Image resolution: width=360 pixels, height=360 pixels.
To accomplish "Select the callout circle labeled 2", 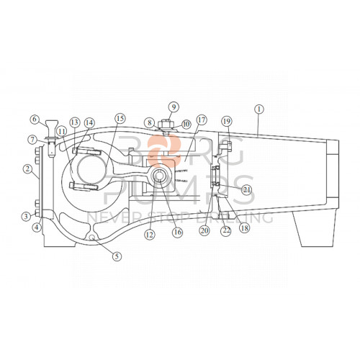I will click(x=27, y=170).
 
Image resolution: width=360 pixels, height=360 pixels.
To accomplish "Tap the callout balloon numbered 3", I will click(x=27, y=216).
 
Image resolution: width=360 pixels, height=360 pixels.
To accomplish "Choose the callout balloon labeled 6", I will click(x=34, y=120).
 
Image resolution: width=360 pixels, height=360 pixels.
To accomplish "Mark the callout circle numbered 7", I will click(x=33, y=139).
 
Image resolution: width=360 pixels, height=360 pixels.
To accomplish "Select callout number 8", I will click(x=149, y=123).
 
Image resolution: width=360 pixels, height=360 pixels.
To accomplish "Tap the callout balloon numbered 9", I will click(x=173, y=107).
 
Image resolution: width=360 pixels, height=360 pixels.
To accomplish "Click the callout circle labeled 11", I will click(x=61, y=131).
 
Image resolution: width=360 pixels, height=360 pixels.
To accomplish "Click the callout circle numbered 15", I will click(x=120, y=118).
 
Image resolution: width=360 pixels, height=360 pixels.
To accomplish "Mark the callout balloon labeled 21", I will click(x=246, y=189).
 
